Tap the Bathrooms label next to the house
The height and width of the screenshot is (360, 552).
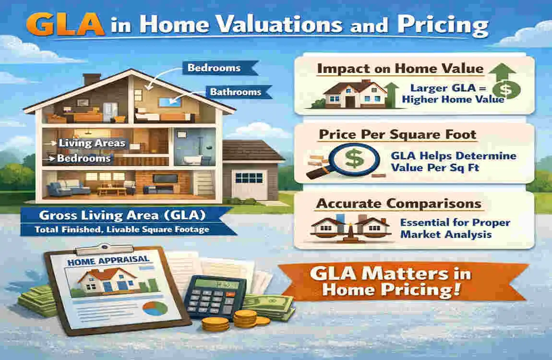[234, 91]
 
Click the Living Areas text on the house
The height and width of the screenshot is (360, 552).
[91, 143]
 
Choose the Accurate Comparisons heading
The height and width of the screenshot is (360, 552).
[398, 204]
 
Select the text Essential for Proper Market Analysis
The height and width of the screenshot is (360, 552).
[455, 228]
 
